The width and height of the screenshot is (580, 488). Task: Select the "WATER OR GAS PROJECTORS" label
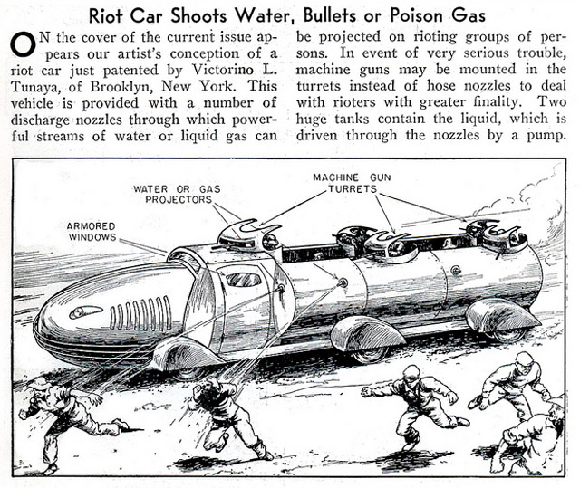tap(171, 196)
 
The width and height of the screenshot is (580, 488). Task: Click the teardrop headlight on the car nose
tap(86, 311)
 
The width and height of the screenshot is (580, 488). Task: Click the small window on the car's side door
tap(243, 279)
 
